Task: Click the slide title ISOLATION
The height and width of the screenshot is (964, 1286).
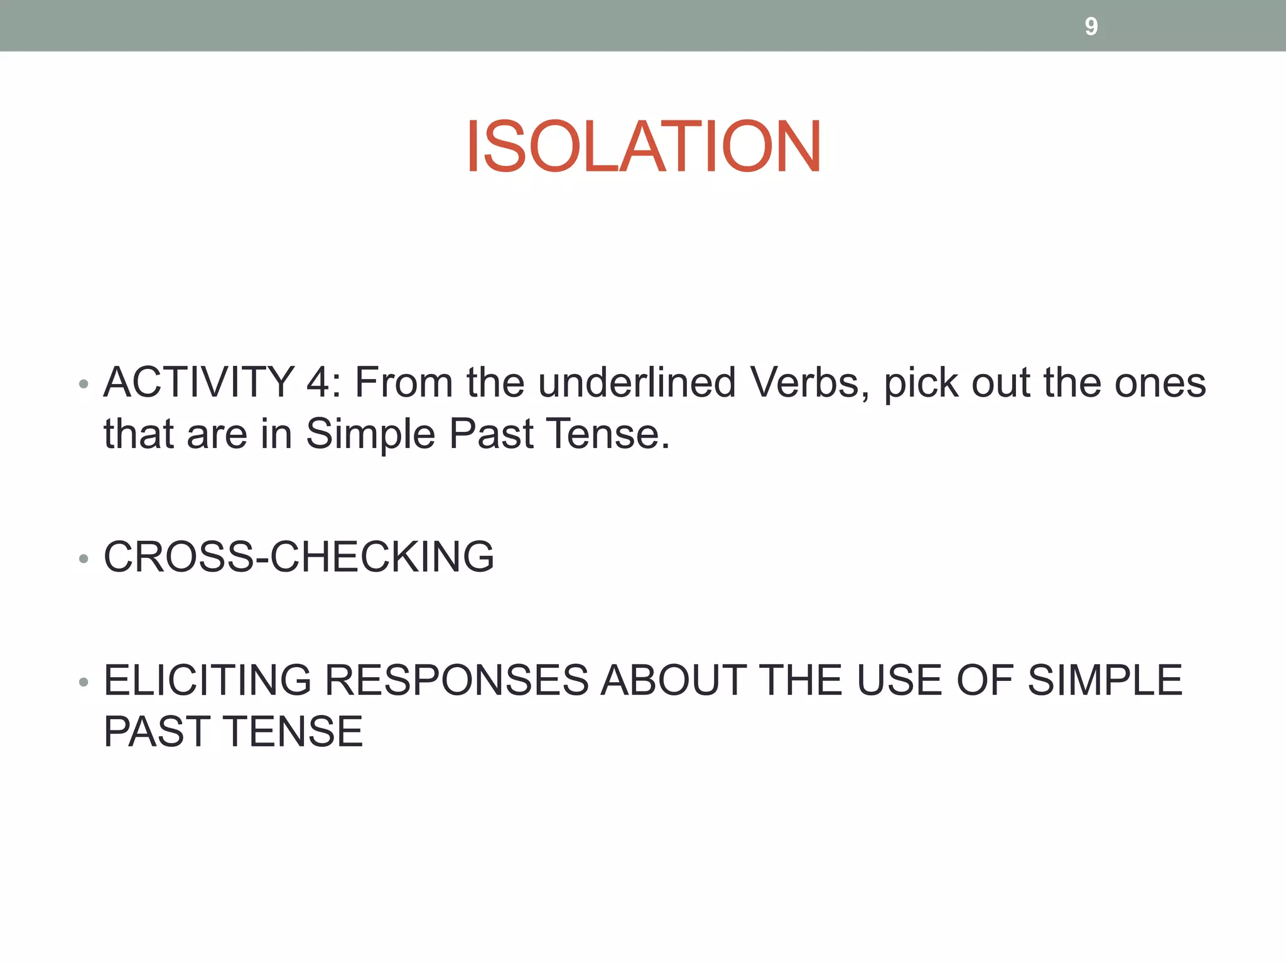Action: (643, 147)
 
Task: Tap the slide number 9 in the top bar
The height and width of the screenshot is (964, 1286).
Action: (1091, 26)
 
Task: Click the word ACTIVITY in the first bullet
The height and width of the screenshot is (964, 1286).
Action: (199, 382)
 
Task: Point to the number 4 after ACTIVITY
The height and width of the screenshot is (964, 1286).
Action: (319, 382)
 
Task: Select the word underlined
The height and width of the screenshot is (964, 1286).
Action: (637, 382)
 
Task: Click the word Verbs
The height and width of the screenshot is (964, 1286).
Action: (809, 382)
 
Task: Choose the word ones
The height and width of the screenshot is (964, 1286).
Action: (1160, 382)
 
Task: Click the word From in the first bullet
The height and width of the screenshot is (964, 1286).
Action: (404, 382)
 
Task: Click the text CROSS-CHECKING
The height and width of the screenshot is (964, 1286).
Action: (299, 557)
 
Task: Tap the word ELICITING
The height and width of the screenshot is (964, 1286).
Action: (207, 680)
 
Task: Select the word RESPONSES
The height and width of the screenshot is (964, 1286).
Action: (457, 680)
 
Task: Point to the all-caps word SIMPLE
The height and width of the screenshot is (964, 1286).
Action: (1105, 680)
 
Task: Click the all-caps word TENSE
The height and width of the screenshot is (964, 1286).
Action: (294, 732)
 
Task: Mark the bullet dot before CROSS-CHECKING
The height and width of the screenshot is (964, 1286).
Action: (84, 558)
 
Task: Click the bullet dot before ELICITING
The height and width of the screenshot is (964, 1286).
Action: (84, 682)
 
